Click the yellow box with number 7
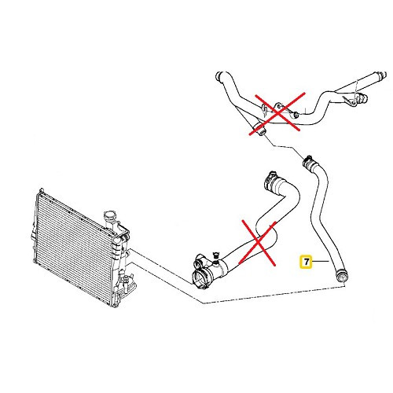tap(303, 261)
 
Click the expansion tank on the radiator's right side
tap(119, 252)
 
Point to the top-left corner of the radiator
tap(39, 190)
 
